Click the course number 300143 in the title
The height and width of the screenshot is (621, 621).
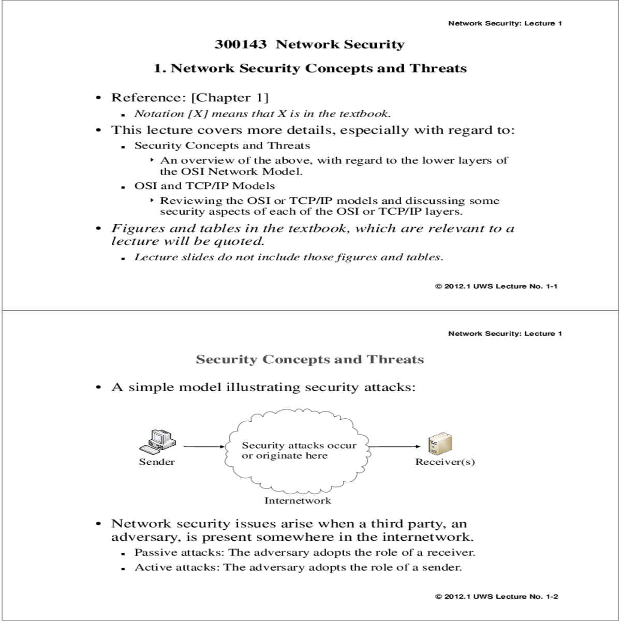[240, 45]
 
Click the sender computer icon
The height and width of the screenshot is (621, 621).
[157, 441]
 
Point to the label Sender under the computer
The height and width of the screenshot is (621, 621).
[157, 462]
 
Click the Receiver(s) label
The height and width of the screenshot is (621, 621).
[445, 462]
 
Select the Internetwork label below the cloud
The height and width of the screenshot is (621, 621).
[298, 500]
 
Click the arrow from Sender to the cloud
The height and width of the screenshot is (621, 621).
[204, 447]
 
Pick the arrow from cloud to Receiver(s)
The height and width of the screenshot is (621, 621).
[394, 447]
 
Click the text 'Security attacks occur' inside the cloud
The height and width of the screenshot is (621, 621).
[299, 446]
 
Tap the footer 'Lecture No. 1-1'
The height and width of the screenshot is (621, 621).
[526, 286]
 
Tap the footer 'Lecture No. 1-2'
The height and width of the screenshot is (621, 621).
[526, 597]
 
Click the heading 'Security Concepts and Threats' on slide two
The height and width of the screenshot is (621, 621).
[309, 360]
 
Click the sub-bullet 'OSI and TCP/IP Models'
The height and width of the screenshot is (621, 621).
[204, 186]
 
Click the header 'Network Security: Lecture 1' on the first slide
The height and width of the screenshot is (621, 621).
[505, 23]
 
